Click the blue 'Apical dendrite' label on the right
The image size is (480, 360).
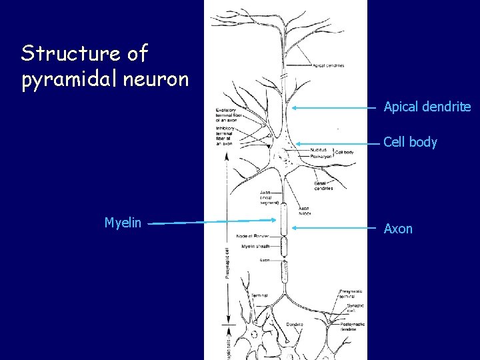tap(427, 107)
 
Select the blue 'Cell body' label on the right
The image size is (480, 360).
tap(411, 141)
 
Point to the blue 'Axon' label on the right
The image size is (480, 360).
tap(398, 229)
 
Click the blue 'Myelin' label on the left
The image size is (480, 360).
tap(123, 223)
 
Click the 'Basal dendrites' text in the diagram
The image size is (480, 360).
tap(325, 186)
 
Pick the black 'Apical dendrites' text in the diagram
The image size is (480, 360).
tap(327, 65)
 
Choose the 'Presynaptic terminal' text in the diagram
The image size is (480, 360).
tap(351, 293)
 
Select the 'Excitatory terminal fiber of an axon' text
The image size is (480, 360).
tap(231, 114)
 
